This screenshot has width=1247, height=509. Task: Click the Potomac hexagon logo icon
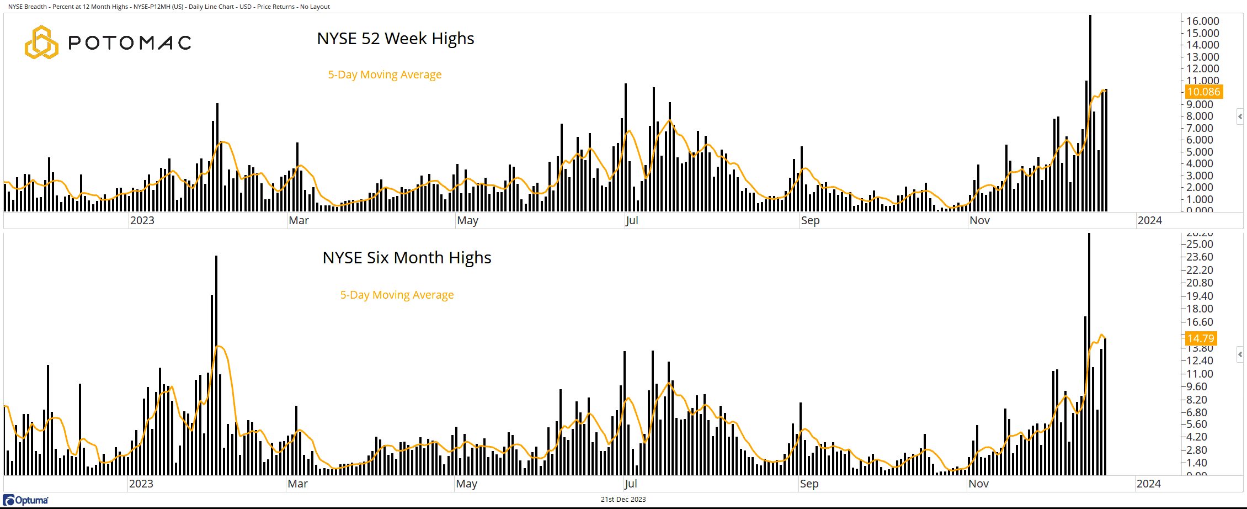41,43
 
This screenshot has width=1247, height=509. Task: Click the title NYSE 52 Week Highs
395,39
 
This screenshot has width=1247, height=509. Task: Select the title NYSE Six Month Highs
407,258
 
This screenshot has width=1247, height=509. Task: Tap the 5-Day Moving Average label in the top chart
385,75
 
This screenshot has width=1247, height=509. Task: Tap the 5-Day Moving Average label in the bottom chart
397,295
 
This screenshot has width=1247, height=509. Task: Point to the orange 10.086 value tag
1203,92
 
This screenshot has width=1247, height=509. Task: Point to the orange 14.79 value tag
1201,338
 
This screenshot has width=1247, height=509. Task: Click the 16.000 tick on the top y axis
1202,21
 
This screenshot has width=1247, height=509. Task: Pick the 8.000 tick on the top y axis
1200,116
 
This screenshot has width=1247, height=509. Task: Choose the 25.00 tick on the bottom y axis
1200,244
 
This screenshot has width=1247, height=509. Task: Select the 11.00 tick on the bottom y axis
1200,374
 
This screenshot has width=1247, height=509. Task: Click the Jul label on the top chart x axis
632,220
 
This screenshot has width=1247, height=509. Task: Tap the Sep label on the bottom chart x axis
809,484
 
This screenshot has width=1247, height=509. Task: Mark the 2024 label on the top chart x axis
1149,220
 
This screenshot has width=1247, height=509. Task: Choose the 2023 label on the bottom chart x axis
141,484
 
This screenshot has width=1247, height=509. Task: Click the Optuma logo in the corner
26,500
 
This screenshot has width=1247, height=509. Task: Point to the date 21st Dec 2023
623,500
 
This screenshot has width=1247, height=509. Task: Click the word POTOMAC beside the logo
130,43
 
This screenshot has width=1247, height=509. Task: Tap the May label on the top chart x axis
467,220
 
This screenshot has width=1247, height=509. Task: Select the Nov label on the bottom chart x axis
978,484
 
